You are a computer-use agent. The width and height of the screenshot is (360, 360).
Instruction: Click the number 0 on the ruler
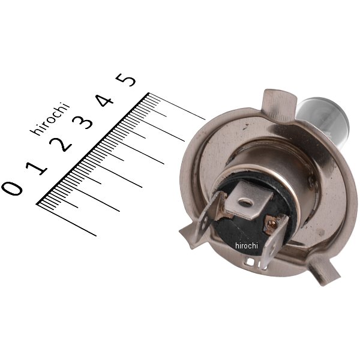pyautogui.click(x=12, y=188)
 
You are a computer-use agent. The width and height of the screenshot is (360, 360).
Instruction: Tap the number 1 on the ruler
pyautogui.click(x=36, y=168)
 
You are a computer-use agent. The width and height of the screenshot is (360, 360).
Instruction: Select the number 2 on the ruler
pyautogui.click(x=61, y=145)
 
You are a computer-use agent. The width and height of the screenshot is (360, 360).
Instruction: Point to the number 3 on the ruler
pyautogui.click(x=82, y=122)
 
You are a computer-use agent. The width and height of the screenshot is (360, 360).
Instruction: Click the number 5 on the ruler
pyautogui.click(x=125, y=80)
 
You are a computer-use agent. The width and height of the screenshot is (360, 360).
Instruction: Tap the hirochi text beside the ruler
pyautogui.click(x=50, y=118)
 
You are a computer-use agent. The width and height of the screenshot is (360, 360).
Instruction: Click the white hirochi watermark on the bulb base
pyautogui.click(x=247, y=245)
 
